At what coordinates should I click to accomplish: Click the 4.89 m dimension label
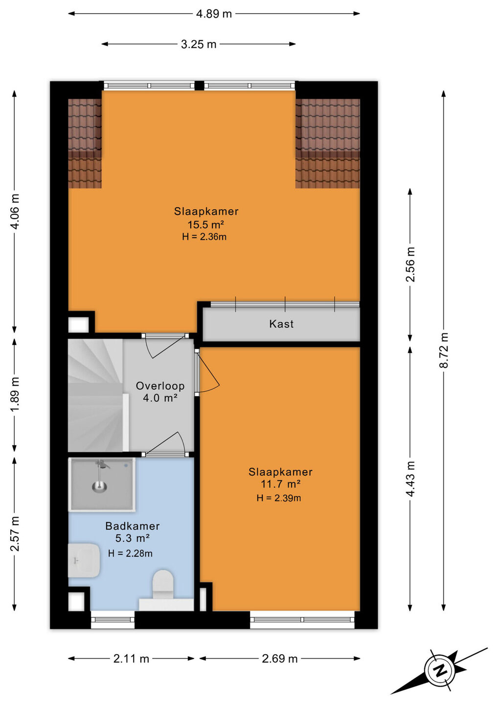point(214,14)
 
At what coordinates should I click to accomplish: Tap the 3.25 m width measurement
point(199,44)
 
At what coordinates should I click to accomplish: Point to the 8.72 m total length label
point(444,351)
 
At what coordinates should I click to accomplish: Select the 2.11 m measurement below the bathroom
point(131,659)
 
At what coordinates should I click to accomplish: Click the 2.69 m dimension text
point(280,659)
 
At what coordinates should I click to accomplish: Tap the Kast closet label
point(281,324)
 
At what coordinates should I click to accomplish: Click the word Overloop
point(160,386)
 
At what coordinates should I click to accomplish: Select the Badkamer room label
point(133,526)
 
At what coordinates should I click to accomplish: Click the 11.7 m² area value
point(280,484)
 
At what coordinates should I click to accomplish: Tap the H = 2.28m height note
point(130,553)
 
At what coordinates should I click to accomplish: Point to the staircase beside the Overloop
point(96,395)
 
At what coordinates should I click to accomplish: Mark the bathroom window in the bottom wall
point(113,619)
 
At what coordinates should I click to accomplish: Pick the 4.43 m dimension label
point(410,479)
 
